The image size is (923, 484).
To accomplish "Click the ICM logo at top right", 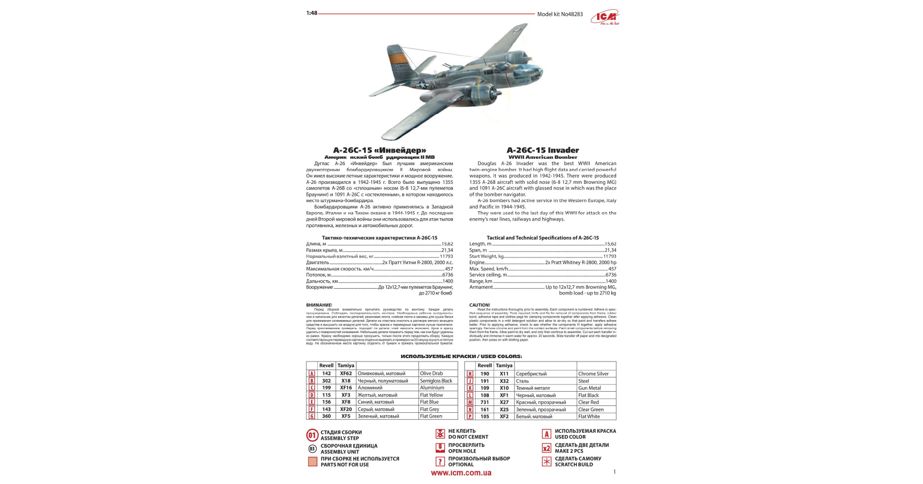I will point(606,17).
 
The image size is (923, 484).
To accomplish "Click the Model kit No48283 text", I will point(559,14).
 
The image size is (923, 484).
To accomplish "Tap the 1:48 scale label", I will point(312,13).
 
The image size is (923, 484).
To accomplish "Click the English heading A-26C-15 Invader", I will point(542,150).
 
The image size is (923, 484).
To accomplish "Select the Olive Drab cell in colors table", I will point(431,374).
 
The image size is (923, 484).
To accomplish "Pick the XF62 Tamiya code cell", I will point(346,374).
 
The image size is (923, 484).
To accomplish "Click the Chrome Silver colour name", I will point(593,374).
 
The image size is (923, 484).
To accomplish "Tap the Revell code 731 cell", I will point(484,403).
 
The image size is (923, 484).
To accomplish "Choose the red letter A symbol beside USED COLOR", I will point(546,434).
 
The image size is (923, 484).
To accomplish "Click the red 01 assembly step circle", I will point(312,436).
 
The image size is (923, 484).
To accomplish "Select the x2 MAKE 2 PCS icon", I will point(546,448).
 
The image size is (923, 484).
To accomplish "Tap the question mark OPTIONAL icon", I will point(440,462).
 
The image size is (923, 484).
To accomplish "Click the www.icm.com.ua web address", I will point(461,473).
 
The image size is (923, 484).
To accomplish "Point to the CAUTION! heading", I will point(479,305).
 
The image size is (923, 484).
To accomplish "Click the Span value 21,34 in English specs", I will point(610,250).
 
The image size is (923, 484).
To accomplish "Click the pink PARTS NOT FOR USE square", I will point(312,462).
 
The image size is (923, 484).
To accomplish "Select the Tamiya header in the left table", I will point(346,366).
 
